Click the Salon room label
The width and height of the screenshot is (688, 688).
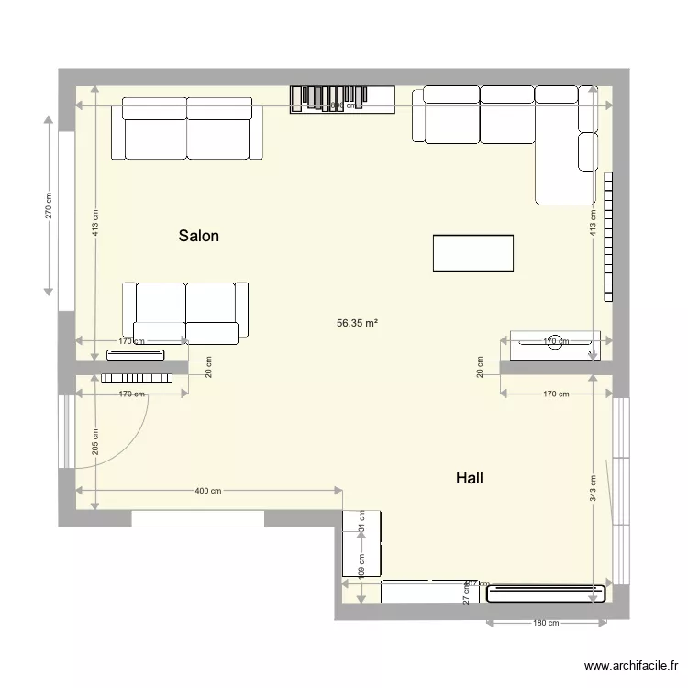[x=198, y=236]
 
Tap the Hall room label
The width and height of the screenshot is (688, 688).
[x=469, y=478]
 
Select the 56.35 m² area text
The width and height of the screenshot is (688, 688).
[x=358, y=323]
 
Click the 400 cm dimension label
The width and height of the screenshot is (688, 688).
[x=208, y=491]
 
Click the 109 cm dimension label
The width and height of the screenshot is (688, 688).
[x=361, y=565]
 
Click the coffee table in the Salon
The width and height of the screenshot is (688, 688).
[x=472, y=253]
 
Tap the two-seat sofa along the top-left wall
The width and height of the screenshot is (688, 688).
[x=187, y=129]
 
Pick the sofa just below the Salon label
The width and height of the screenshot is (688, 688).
[x=186, y=312]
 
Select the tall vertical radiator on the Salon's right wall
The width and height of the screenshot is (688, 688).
[x=607, y=236]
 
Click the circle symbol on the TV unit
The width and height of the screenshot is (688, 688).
[x=553, y=339]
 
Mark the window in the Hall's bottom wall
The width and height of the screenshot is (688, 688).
[x=198, y=519]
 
